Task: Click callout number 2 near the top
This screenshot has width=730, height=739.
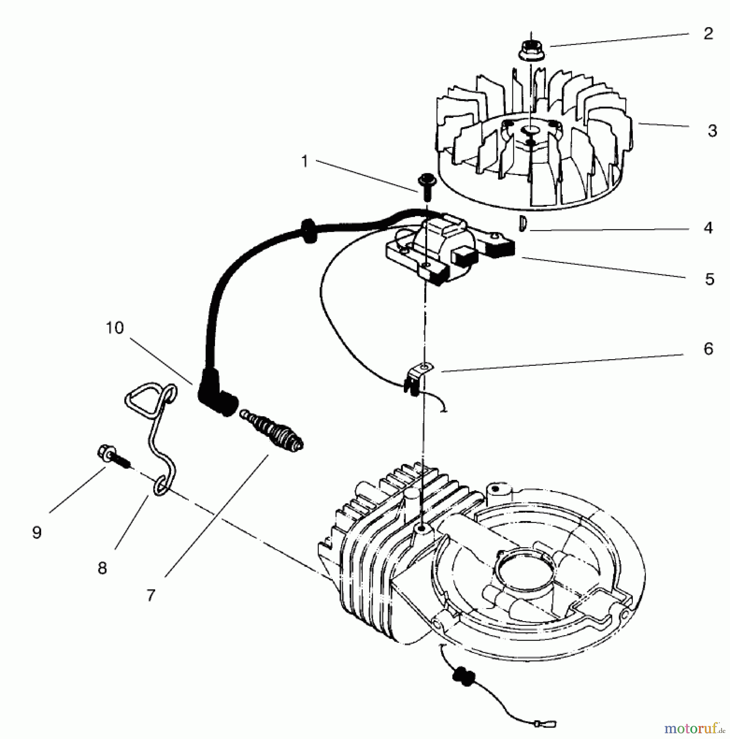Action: coord(708,34)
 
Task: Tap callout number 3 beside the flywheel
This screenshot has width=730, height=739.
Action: coord(712,131)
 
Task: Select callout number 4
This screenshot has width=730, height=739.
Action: coord(708,227)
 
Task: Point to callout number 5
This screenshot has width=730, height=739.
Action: coord(709,279)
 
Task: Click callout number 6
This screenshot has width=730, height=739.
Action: coord(708,349)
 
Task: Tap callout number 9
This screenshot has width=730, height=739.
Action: coord(37,532)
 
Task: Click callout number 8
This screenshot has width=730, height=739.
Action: coord(102,569)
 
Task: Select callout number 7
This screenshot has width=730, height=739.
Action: coord(151,595)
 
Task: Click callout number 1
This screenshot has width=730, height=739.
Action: coord(304,161)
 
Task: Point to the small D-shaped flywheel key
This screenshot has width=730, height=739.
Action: coord(522,224)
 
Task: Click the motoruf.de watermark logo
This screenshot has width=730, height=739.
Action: coord(693,728)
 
